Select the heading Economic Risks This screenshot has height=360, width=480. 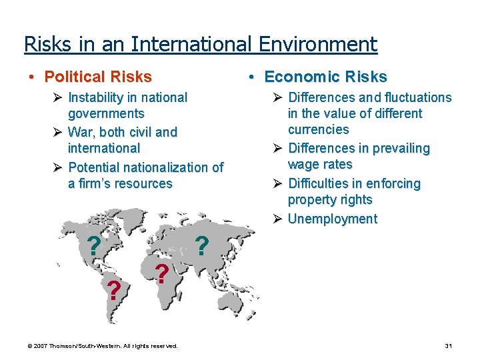coord(325,77)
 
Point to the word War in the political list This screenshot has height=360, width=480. coord(81,132)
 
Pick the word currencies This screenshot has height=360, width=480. coord(319,129)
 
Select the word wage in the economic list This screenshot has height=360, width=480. coord(302,164)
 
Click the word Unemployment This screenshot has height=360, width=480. coord(333,219)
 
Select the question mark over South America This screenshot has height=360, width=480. coord(114,290)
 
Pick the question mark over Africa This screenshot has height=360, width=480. coord(161,274)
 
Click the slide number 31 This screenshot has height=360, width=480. coord(448,346)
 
